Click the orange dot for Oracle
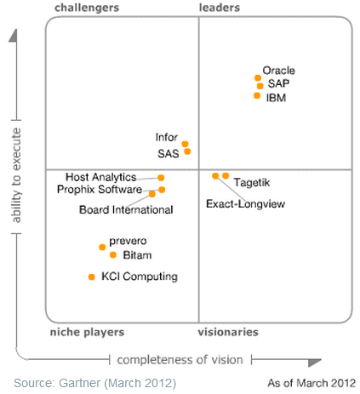pyautogui.click(x=258, y=78)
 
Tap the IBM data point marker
pyautogui.click(x=257, y=95)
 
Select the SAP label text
pyautogui.click(x=278, y=84)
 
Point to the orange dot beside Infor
pyautogui.click(x=185, y=144)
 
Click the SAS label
pyautogui.click(x=168, y=153)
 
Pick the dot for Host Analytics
pyautogui.click(x=161, y=178)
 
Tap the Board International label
pyautogui.click(x=126, y=209)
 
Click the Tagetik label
pyautogui.click(x=252, y=182)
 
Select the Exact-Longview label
pyautogui.click(x=246, y=204)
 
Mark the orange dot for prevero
pyautogui.click(x=102, y=247)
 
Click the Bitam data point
pyautogui.click(x=113, y=254)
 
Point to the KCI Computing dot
pyautogui.click(x=91, y=277)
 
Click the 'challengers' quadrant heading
pyautogui.click(x=87, y=8)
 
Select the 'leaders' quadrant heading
pyautogui.click(x=220, y=8)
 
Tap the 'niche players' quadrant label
pyautogui.click(x=87, y=332)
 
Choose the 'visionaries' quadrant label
pyautogui.click(x=228, y=332)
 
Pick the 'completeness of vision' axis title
pyautogui.click(x=179, y=359)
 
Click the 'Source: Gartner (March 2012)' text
pyautogui.click(x=94, y=383)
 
